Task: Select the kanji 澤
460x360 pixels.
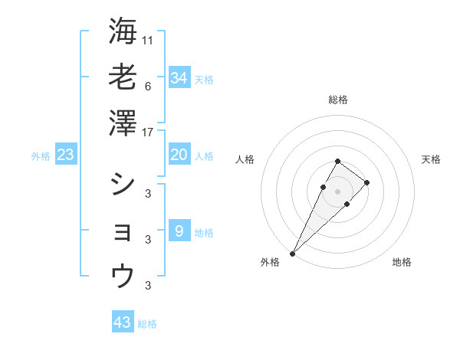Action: [x=123, y=123]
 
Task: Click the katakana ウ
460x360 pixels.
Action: [x=123, y=275]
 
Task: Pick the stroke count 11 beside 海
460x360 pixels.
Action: [x=148, y=39]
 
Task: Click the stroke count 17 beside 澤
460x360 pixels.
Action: [x=148, y=133]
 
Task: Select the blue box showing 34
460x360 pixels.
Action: [x=179, y=77]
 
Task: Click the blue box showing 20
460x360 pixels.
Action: [x=179, y=155]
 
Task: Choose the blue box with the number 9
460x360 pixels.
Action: [x=179, y=231]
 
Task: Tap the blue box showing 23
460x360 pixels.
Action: [x=66, y=155]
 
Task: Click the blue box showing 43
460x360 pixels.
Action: [x=123, y=322]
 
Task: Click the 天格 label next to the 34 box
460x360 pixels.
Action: [x=204, y=79]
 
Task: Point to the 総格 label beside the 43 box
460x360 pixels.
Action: [x=147, y=324]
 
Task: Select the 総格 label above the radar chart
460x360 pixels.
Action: [x=337, y=100]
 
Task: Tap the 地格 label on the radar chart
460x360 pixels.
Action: [x=402, y=262]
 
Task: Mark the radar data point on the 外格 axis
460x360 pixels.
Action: [x=293, y=253]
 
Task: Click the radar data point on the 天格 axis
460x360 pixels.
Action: [x=367, y=182]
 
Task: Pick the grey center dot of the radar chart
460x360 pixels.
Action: [x=337, y=190]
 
